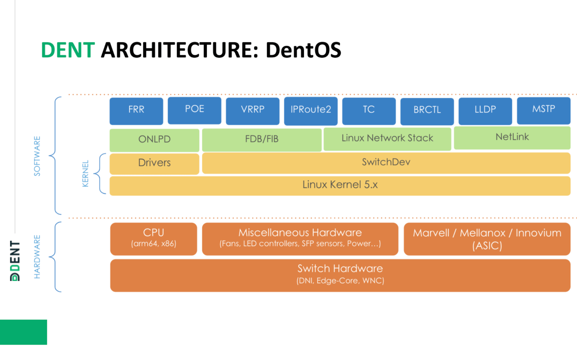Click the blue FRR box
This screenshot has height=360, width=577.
[136, 111]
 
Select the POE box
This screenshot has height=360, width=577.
[194, 110]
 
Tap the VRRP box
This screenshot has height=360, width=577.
[252, 111]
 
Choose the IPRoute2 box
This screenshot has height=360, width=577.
[310, 111]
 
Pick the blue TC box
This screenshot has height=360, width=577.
[369, 111]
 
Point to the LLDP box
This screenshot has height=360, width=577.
[485, 111]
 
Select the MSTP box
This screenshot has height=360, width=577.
[543, 110]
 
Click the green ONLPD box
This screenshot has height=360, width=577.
[154, 140]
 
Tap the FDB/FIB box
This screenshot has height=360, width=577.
[261, 139]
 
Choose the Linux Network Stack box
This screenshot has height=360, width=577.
[387, 139]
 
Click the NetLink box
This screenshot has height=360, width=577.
[512, 138]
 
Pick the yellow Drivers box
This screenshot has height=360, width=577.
[154, 163]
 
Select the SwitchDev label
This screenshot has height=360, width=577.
[386, 162]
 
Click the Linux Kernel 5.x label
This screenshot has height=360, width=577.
[340, 185]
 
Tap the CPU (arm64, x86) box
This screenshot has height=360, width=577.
[154, 239]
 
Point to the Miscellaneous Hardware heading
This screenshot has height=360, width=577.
[300, 233]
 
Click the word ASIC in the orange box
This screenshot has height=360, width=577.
[487, 246]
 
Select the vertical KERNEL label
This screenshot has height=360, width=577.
[86, 174]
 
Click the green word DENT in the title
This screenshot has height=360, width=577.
[68, 50]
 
